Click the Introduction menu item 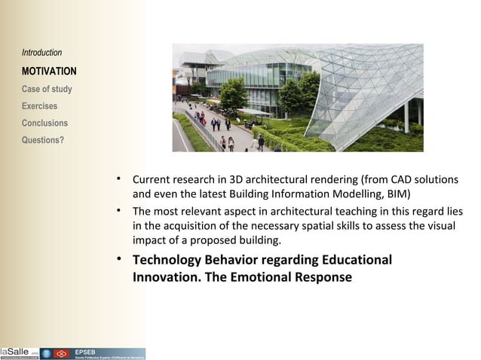point(41,53)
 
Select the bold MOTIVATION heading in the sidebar point(49,72)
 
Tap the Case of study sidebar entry point(47,89)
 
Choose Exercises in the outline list point(39,106)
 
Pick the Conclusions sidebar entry point(44,123)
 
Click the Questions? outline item point(43,139)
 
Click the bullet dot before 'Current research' point(118,179)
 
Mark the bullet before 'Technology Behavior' point(118,260)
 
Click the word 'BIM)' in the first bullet point(397,194)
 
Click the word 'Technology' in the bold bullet point(171,261)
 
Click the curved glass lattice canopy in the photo point(362,90)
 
